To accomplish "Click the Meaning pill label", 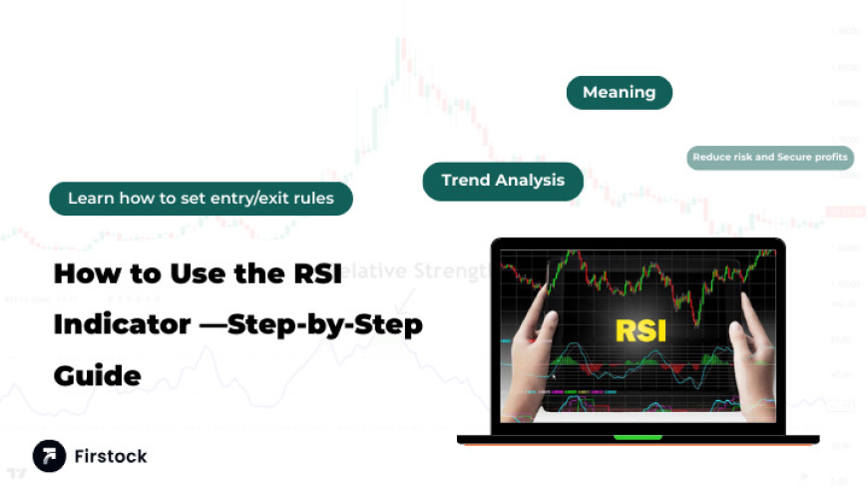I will [619, 93].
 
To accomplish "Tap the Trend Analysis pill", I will [503, 181].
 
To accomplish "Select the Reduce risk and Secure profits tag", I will [770, 157].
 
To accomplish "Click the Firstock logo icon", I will [49, 456].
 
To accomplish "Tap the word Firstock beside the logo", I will [110, 456].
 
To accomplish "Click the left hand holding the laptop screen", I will [533, 359].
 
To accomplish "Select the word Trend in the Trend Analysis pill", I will [466, 181].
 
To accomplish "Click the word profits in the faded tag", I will [828, 157].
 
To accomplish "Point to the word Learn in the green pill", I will [91, 199].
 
